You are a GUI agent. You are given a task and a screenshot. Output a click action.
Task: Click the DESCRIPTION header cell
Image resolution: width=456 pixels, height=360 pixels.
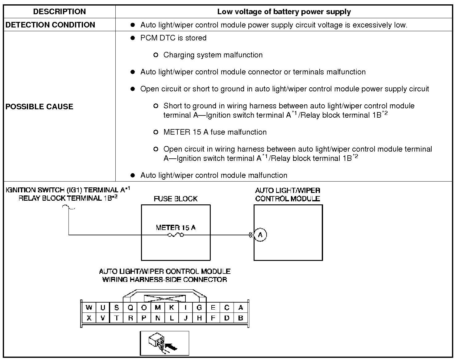[x=59, y=12]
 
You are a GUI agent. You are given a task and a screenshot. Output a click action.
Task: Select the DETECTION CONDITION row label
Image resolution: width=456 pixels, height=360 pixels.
[x=50, y=25]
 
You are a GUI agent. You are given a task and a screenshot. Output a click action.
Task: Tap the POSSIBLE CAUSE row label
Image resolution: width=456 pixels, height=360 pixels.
[x=39, y=107]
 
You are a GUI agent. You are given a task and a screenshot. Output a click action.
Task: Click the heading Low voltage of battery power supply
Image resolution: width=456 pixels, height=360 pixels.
[x=284, y=12]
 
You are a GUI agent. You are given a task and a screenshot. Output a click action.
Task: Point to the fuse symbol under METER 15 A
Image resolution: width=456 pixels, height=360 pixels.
[x=176, y=235]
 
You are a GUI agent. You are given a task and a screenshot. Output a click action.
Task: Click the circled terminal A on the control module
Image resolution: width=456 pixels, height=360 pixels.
[x=260, y=235]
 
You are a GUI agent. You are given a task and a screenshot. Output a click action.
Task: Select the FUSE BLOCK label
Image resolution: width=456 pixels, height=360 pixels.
[x=176, y=199]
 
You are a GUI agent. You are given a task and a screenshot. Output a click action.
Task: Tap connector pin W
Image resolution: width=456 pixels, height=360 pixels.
[x=89, y=308]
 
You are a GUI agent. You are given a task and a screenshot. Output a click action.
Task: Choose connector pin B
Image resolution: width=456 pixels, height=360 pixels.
[x=241, y=318]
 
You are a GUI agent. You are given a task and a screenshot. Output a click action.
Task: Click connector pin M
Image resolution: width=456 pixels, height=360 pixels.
[x=158, y=308]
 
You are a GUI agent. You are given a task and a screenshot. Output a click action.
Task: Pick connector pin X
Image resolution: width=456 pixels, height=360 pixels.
[x=89, y=318]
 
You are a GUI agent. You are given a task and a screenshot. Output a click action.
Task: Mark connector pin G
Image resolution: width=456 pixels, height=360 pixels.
[x=199, y=308]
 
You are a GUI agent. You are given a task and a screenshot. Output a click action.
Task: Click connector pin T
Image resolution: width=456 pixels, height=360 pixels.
[x=117, y=318]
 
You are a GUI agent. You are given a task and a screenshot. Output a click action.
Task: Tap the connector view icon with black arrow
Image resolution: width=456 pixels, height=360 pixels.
[x=164, y=343]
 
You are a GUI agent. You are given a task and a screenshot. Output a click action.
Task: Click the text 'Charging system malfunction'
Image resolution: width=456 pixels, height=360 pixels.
[x=213, y=55]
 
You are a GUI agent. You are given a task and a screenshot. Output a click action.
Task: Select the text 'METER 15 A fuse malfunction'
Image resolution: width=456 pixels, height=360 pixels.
[x=215, y=132]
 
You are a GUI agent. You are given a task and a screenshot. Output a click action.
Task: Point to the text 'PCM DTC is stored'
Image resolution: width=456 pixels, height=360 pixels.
[x=173, y=38]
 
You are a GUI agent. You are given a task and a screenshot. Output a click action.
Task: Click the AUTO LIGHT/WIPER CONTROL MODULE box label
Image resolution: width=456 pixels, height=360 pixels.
[x=288, y=195]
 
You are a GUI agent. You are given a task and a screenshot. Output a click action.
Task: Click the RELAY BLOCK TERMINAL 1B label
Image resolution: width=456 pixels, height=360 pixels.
[x=68, y=198]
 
